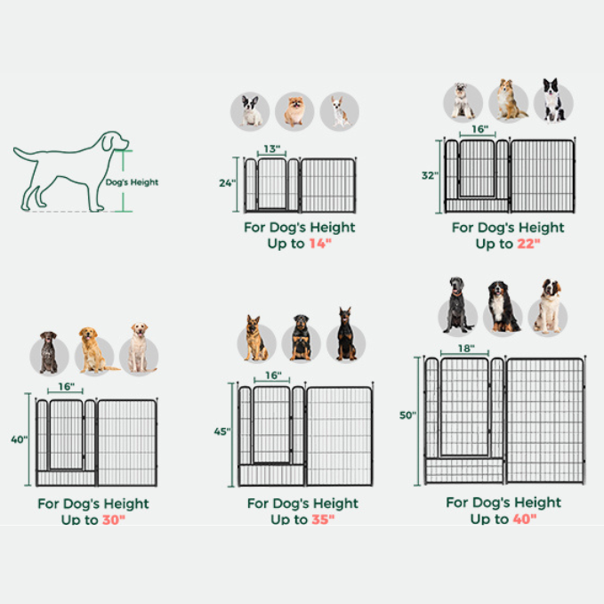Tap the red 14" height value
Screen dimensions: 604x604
[x=318, y=244]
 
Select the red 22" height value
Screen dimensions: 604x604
[x=527, y=244]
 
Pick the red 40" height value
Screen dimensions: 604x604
[x=524, y=519]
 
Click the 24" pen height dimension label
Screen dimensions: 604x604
[x=227, y=183]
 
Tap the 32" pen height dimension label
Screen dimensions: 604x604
[x=430, y=176]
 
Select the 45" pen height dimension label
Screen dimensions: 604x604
[x=221, y=432]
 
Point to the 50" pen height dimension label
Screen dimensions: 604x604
[x=407, y=415]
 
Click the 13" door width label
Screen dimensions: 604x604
[x=272, y=149]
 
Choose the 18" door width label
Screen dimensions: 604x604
[x=467, y=349]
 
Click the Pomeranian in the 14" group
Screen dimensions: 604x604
[x=294, y=111]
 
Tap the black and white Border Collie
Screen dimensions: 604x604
[x=553, y=100]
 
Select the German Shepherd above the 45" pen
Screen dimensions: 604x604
[x=255, y=339]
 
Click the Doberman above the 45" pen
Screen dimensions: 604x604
[x=345, y=335]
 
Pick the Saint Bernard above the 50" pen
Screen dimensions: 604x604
[x=547, y=307]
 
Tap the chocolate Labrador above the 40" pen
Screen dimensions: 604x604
[x=48, y=352]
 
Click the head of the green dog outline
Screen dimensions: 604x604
[x=113, y=142]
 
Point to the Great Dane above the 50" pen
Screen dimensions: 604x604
[x=457, y=305]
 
